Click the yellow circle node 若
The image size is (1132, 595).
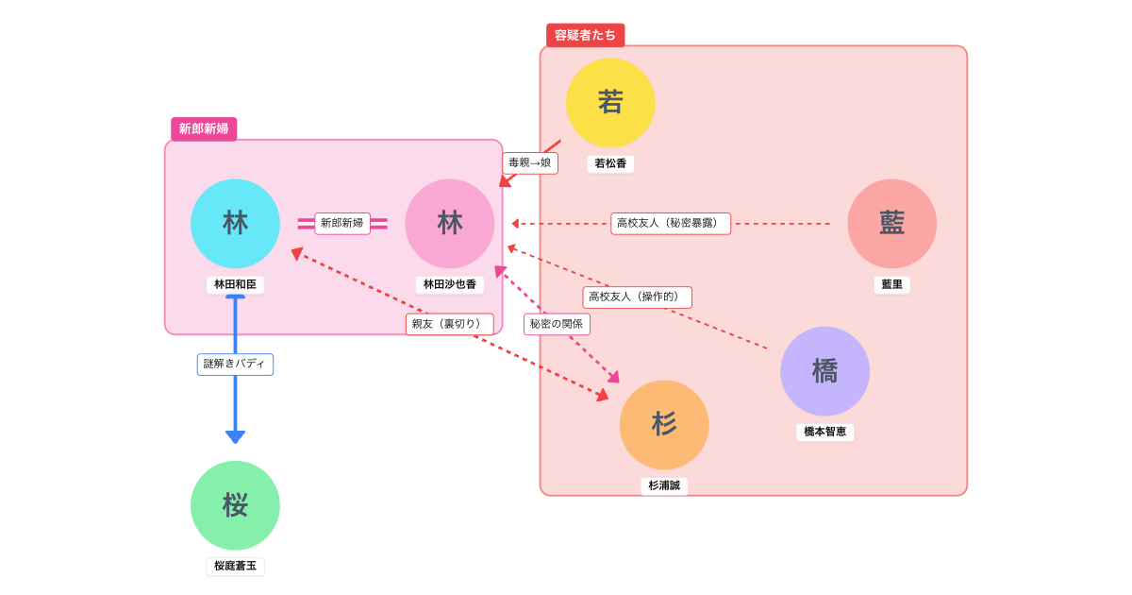[610, 102]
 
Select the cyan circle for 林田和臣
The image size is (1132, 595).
[235, 224]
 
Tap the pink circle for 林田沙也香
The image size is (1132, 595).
[450, 224]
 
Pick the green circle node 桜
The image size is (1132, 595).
[235, 505]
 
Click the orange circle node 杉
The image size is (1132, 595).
[664, 425]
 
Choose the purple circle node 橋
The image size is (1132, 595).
[824, 371]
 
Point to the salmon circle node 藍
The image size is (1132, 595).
[891, 224]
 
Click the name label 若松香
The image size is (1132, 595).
[610, 163]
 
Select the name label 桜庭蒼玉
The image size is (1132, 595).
[235, 566]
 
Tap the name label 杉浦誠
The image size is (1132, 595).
[664, 485]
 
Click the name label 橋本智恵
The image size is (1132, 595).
[824, 432]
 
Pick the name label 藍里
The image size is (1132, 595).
[891, 284]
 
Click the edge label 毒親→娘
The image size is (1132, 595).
[529, 162]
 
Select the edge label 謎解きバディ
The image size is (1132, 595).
[235, 364]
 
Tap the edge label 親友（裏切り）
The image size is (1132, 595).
[450, 324]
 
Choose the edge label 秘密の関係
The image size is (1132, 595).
[557, 324]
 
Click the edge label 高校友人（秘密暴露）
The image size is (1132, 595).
[671, 224]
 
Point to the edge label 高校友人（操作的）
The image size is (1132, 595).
[637, 297]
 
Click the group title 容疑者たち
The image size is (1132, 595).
[585, 35]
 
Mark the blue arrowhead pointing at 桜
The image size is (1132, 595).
[235, 437]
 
